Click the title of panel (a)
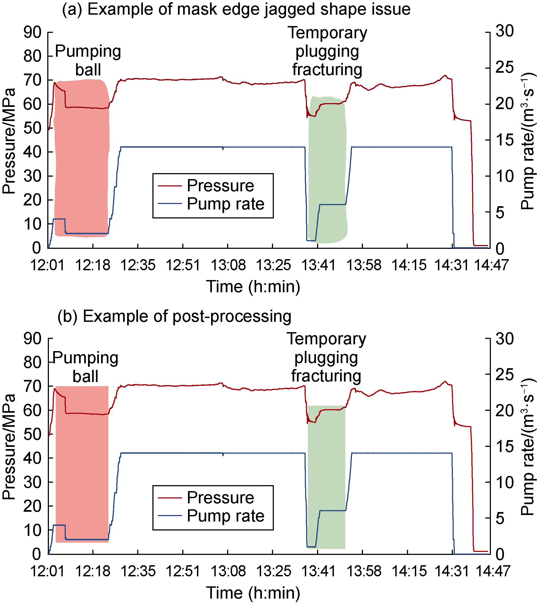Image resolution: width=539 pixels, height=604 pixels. click(236, 9)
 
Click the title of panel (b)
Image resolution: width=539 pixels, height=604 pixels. click(174, 316)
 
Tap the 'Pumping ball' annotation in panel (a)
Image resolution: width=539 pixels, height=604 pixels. click(88, 60)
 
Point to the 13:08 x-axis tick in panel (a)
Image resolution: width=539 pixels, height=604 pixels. click(228, 265)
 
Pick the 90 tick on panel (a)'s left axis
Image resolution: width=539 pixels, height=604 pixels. click(33, 32)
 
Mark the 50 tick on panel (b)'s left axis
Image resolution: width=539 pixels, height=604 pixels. click(33, 434)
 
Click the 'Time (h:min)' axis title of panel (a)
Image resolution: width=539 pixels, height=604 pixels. click(253, 287)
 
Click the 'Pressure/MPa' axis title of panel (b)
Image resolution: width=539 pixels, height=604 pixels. click(9, 447)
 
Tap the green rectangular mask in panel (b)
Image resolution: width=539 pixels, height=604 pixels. click(326, 479)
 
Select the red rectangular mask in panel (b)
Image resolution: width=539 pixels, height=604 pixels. click(82, 467)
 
